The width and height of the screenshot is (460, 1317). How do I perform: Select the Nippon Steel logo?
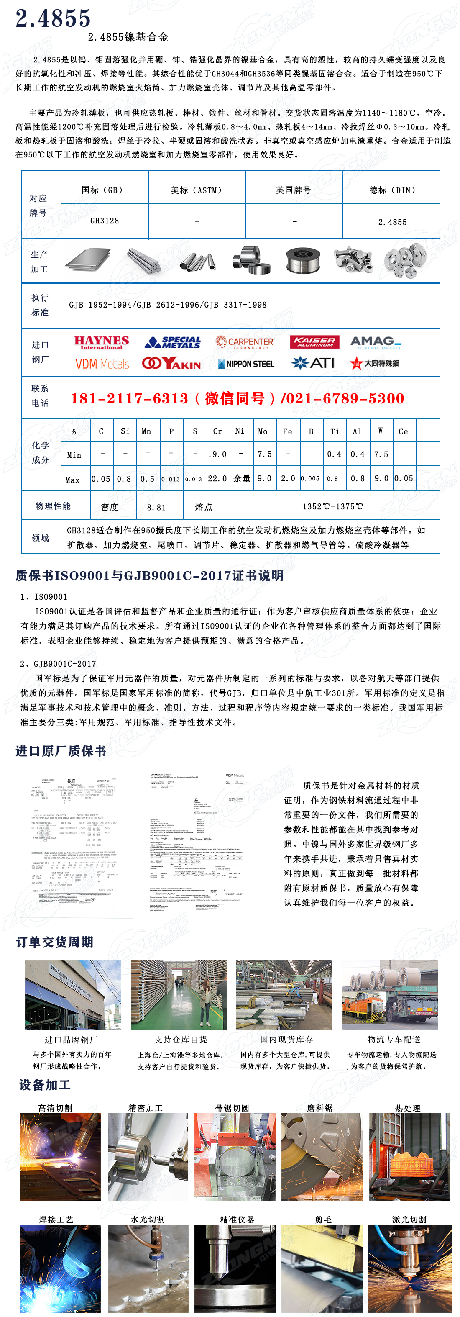click(246, 364)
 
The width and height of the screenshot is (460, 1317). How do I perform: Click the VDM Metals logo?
click(102, 364)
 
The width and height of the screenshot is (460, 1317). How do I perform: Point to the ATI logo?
click(313, 363)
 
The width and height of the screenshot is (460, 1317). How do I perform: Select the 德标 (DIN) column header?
click(392, 190)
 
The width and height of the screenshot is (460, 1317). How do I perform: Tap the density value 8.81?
click(156, 507)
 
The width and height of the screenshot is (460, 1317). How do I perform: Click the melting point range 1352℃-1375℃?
click(333, 507)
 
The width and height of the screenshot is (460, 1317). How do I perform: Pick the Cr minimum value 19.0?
click(217, 454)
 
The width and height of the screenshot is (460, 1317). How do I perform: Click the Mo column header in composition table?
click(263, 431)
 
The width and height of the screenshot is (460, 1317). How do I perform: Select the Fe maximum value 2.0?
click(288, 478)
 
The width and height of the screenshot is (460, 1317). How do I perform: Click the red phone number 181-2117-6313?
click(129, 399)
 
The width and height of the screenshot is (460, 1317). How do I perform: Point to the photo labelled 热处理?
click(410, 1156)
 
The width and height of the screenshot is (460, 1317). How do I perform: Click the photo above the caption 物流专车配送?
click(390, 995)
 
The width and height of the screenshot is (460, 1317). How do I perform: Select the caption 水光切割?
click(148, 1219)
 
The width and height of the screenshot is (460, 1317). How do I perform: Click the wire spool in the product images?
click(303, 260)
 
